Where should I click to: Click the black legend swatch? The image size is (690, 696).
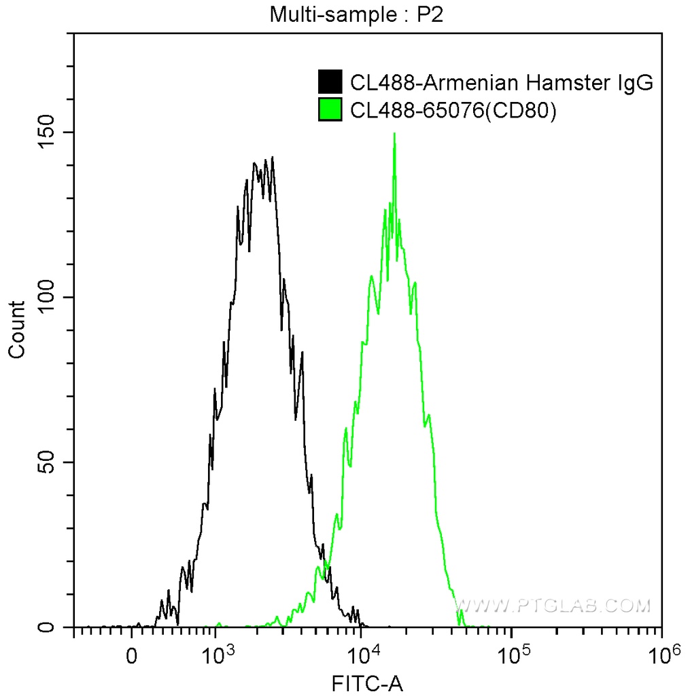330,82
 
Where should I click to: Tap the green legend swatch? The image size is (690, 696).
330,110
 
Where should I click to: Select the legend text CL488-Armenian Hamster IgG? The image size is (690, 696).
502,83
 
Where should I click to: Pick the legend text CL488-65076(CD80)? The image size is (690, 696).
453,111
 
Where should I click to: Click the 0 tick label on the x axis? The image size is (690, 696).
132,657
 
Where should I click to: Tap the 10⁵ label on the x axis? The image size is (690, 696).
513,655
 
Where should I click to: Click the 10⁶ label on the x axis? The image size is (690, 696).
661,655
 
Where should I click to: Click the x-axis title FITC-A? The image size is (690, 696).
366,683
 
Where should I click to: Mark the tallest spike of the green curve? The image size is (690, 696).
394,134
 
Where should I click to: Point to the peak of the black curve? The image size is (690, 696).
273,158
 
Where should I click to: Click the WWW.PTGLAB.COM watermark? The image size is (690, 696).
552,605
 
